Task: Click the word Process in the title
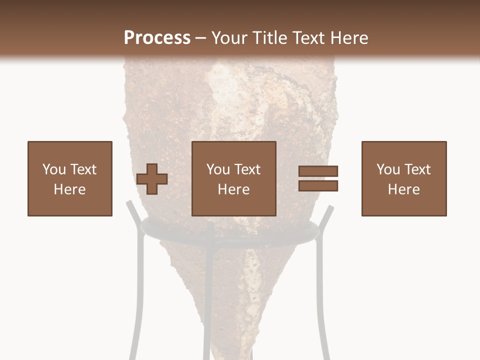(157, 38)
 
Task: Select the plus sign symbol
(152, 179)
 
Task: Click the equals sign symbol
(318, 178)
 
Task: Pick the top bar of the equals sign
(318, 171)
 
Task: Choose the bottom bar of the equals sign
(318, 185)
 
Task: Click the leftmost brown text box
(70, 178)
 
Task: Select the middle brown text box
(233, 178)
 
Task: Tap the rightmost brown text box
(404, 178)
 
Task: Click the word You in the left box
(53, 169)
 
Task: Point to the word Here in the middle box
(233, 189)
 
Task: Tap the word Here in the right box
(404, 189)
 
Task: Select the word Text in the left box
(82, 169)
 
